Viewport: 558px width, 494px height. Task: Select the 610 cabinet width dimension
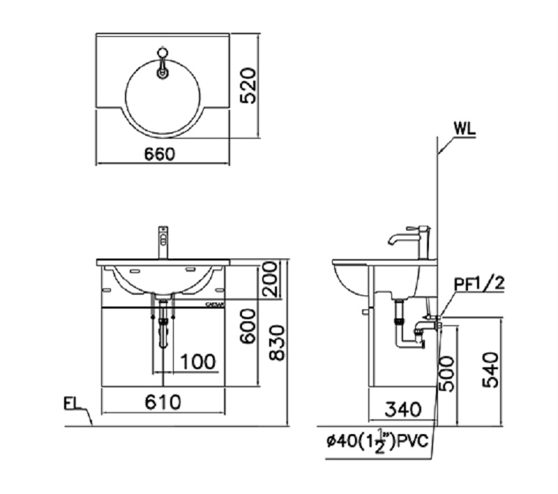163,402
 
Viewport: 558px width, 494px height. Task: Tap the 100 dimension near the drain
197,362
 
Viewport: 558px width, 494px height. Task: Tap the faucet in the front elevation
163,241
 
